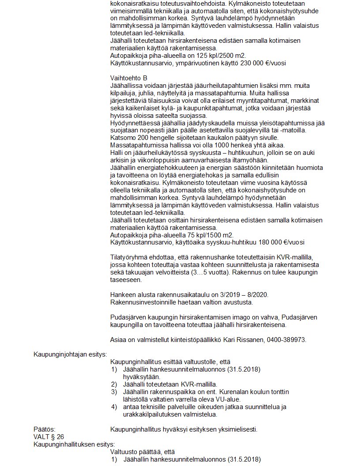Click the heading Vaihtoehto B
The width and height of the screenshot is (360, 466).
[x=128, y=78]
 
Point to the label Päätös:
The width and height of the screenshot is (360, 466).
[x=45, y=429]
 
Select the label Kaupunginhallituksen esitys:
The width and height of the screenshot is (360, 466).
[x=74, y=444]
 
